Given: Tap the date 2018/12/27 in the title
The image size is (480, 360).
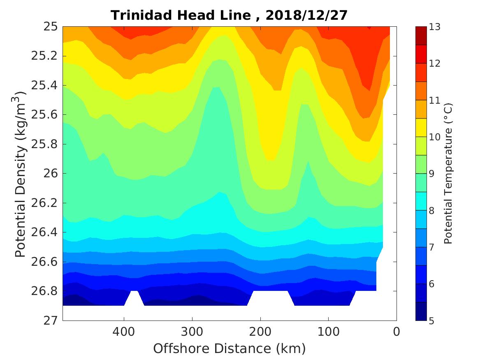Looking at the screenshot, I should pyautogui.click(x=306, y=15).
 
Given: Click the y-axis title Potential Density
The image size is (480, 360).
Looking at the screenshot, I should pyautogui.click(x=21, y=174).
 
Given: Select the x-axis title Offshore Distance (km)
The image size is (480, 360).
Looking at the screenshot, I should pyautogui.click(x=230, y=348).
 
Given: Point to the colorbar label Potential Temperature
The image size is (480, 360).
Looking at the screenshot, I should pyautogui.click(x=448, y=174).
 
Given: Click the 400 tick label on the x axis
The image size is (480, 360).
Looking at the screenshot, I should pyautogui.click(x=124, y=331).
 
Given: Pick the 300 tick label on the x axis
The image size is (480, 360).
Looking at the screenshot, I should pyautogui.click(x=192, y=331).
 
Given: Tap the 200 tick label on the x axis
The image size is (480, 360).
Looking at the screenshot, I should pyautogui.click(x=260, y=331).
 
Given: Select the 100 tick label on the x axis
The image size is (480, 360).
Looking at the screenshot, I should pyautogui.click(x=328, y=331).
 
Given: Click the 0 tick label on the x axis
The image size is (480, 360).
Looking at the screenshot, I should pyautogui.click(x=397, y=331).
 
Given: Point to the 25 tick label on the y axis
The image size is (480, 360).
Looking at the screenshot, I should pyautogui.click(x=50, y=27).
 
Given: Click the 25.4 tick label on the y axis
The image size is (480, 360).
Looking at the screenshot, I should pyautogui.click(x=44, y=86).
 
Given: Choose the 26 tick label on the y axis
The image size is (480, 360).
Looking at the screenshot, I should pyautogui.click(x=50, y=174).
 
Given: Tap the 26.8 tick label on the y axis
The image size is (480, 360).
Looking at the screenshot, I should pyautogui.click(x=44, y=291).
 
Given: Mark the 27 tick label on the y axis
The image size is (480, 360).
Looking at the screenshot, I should pyautogui.click(x=50, y=320).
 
